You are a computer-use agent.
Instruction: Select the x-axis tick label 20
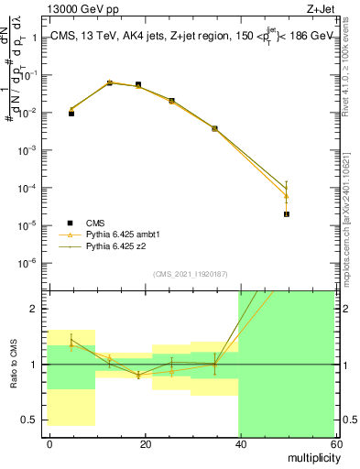click(145, 443)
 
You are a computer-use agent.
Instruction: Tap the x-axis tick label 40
click(240, 443)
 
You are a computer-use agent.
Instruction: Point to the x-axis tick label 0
click(49, 443)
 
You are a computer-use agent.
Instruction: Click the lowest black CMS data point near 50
click(287, 214)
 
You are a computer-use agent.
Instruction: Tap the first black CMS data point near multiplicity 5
click(71, 114)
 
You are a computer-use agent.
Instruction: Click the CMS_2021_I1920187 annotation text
click(191, 274)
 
